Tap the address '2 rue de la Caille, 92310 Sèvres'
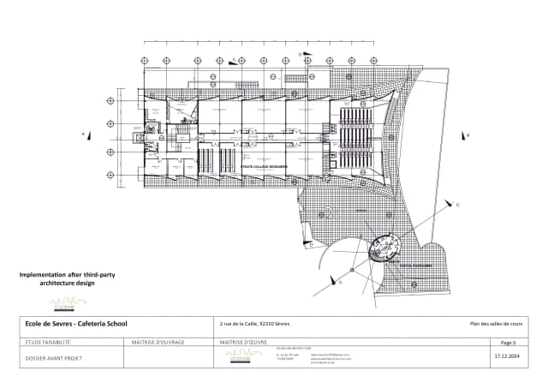(255, 323)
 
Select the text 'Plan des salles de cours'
(496, 323)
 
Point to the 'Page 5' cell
(508, 342)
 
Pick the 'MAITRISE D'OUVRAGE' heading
(158, 342)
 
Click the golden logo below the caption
(68, 301)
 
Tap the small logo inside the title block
(238, 357)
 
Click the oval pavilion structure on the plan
(384, 249)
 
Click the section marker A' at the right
(468, 134)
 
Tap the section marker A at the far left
(84, 134)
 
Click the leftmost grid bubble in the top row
(144, 61)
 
